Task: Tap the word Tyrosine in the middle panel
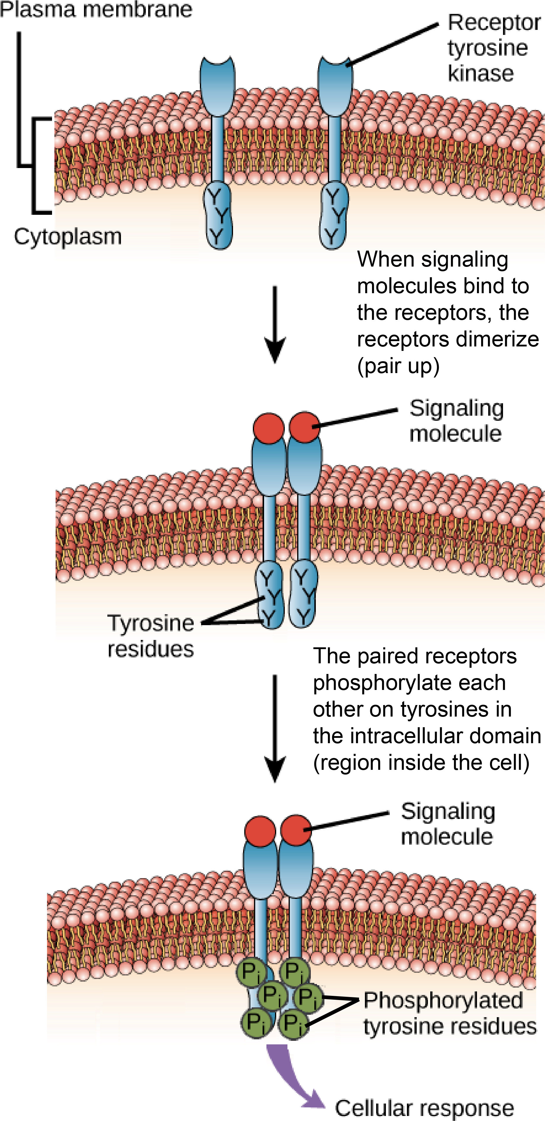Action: coord(151,623)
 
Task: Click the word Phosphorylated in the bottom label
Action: coord(443,1000)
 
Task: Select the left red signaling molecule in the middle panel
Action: coord(269,428)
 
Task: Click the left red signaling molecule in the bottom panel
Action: coord(260,831)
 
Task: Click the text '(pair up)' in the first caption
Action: coord(398,366)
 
